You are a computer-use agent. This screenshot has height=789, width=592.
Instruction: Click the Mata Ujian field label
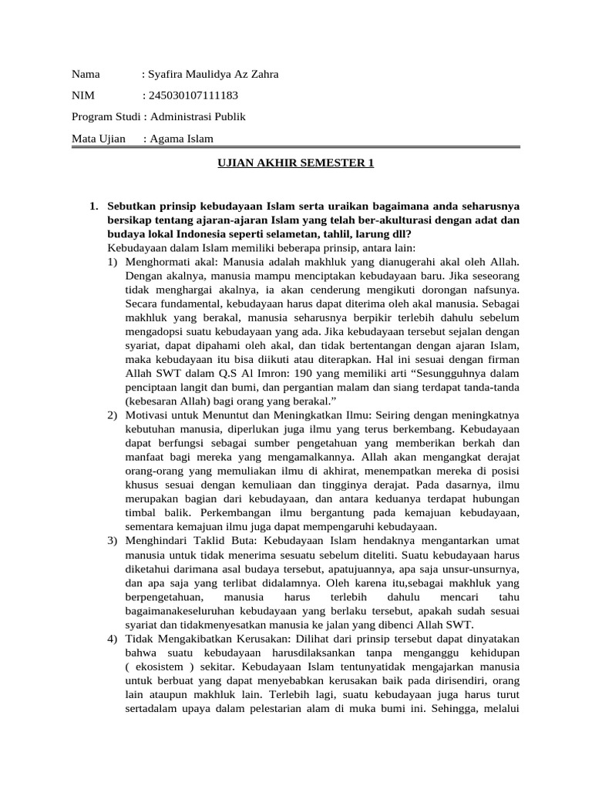pos(98,139)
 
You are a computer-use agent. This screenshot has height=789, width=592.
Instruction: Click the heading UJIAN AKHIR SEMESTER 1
pos(293,164)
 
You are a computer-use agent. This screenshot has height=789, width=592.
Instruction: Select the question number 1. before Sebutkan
pos(94,206)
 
